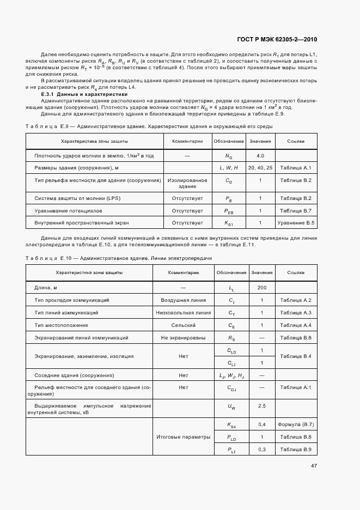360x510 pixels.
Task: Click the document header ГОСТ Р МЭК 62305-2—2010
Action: coord(278,39)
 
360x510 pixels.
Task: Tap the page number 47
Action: coord(314,465)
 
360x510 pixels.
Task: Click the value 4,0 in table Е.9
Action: coord(260,156)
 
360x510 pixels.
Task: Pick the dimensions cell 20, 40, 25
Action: coord(260,168)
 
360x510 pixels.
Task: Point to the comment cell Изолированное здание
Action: coord(187,183)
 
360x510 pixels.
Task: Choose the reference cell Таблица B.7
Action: coord(295,210)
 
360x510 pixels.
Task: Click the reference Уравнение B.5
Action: coord(296,223)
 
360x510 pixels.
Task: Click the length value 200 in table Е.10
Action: coord(261,287)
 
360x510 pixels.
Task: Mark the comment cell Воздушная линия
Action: coord(183,300)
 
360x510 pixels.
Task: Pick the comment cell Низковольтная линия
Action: coord(183,313)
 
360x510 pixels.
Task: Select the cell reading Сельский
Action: coord(183,325)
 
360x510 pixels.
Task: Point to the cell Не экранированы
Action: coord(183,338)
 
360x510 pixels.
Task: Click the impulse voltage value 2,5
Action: coord(261,406)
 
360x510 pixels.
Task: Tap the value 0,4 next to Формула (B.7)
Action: coord(261,424)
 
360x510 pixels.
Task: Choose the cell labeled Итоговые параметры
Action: coord(183,436)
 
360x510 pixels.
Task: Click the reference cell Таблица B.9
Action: coord(295,449)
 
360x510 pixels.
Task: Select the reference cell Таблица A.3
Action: coord(295,313)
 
